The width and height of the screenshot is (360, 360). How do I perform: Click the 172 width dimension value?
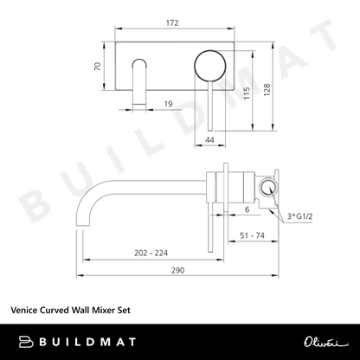[x=172, y=22]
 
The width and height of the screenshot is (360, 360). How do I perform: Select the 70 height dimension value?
[x=98, y=67]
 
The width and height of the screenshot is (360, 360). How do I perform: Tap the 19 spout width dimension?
[x=168, y=104]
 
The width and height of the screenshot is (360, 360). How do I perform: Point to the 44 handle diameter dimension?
[x=209, y=140]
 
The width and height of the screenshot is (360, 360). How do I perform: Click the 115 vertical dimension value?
[x=247, y=93]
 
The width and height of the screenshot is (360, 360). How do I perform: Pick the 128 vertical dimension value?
[x=267, y=90]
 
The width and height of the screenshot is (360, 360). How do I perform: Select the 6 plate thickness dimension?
[x=247, y=209]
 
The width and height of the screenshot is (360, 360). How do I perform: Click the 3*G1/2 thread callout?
[x=300, y=216]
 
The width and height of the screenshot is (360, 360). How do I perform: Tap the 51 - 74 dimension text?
[x=252, y=235]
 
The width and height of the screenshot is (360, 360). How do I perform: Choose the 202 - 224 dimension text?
[x=151, y=253]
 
